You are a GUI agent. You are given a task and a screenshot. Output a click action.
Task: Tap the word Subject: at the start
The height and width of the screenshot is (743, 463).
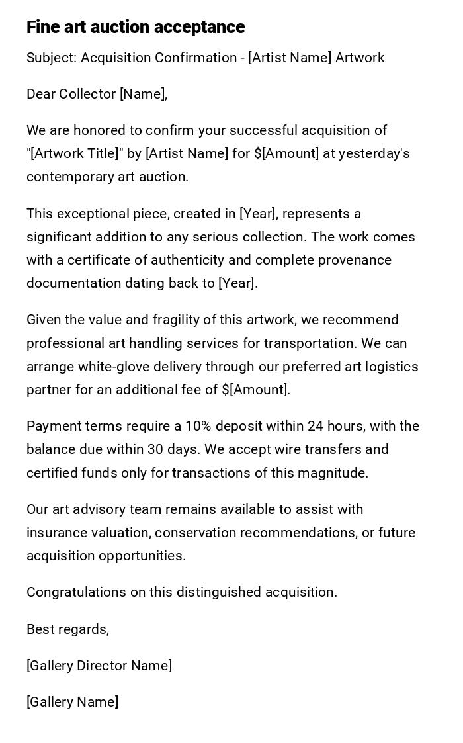52,58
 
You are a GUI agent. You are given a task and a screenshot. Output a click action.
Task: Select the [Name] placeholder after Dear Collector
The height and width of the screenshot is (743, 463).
143,94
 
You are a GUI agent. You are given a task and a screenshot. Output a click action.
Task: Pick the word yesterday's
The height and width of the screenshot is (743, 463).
374,153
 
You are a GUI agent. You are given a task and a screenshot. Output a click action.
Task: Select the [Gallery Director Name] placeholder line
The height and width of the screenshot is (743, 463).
99,666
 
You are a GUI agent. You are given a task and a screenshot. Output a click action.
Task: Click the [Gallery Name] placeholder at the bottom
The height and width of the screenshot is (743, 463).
73,702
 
